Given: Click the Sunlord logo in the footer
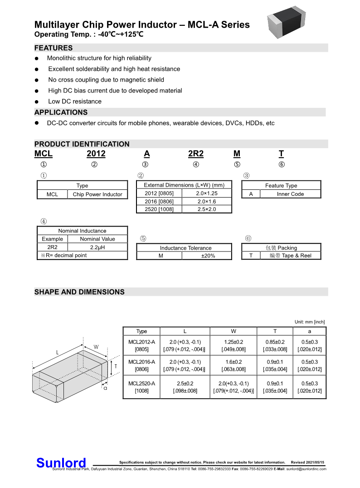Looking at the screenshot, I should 61,463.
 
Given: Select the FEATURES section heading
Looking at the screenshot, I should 54,48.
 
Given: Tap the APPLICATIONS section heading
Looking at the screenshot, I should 61,112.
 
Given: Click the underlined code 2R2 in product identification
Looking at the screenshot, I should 196,154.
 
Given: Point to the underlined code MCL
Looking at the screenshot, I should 44,154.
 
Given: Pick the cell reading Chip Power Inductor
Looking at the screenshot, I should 97,194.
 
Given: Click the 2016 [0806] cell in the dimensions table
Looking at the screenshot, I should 159,202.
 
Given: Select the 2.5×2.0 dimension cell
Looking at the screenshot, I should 207,209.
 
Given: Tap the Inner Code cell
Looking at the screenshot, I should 290,194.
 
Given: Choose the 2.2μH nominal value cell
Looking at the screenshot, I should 97,247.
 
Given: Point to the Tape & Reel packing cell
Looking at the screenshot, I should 290,256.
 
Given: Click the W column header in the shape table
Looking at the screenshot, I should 233,331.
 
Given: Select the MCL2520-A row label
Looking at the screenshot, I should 141,387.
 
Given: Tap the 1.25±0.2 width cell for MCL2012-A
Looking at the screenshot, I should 233,345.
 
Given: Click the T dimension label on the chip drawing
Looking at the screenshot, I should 116,366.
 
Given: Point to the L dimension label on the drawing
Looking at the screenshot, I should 57,352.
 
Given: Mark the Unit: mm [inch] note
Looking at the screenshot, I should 310,322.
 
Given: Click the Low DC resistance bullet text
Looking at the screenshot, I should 75,101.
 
